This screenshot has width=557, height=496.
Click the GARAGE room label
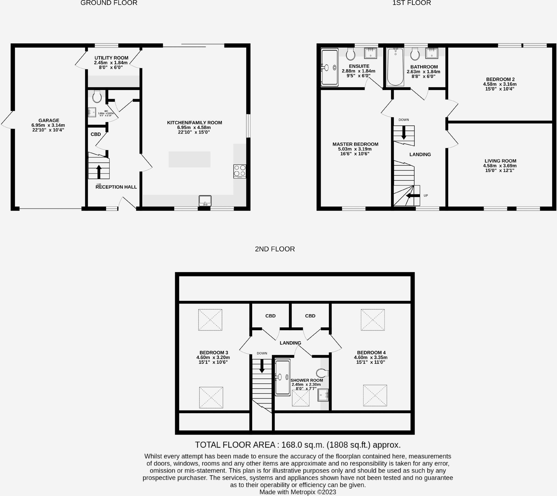click(48, 120)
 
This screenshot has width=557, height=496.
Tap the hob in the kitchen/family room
click(240, 171)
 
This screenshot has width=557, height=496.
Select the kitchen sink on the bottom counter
click(205, 201)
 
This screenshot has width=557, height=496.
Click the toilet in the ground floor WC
click(97, 96)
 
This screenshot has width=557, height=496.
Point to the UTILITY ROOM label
click(111, 58)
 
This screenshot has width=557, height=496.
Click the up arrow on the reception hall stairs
click(99, 171)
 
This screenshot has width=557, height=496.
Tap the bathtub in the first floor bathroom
click(395, 67)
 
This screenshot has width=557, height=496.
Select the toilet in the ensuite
click(351, 54)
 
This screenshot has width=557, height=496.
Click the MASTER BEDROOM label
click(355, 144)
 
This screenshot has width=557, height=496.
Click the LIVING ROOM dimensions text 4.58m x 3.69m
click(500, 166)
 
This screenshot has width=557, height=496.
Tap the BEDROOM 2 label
click(500, 79)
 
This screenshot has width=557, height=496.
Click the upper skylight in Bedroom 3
click(210, 320)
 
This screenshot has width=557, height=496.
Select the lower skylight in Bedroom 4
click(375, 395)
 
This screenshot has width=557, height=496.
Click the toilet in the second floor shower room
click(322, 373)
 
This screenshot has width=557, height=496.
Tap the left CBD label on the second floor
click(270, 316)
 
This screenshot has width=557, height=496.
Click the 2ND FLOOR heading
click(275, 249)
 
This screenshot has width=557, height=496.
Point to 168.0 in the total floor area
click(292, 445)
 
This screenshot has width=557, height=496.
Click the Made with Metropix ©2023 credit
click(298, 492)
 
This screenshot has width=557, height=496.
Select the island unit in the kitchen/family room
click(189, 159)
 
